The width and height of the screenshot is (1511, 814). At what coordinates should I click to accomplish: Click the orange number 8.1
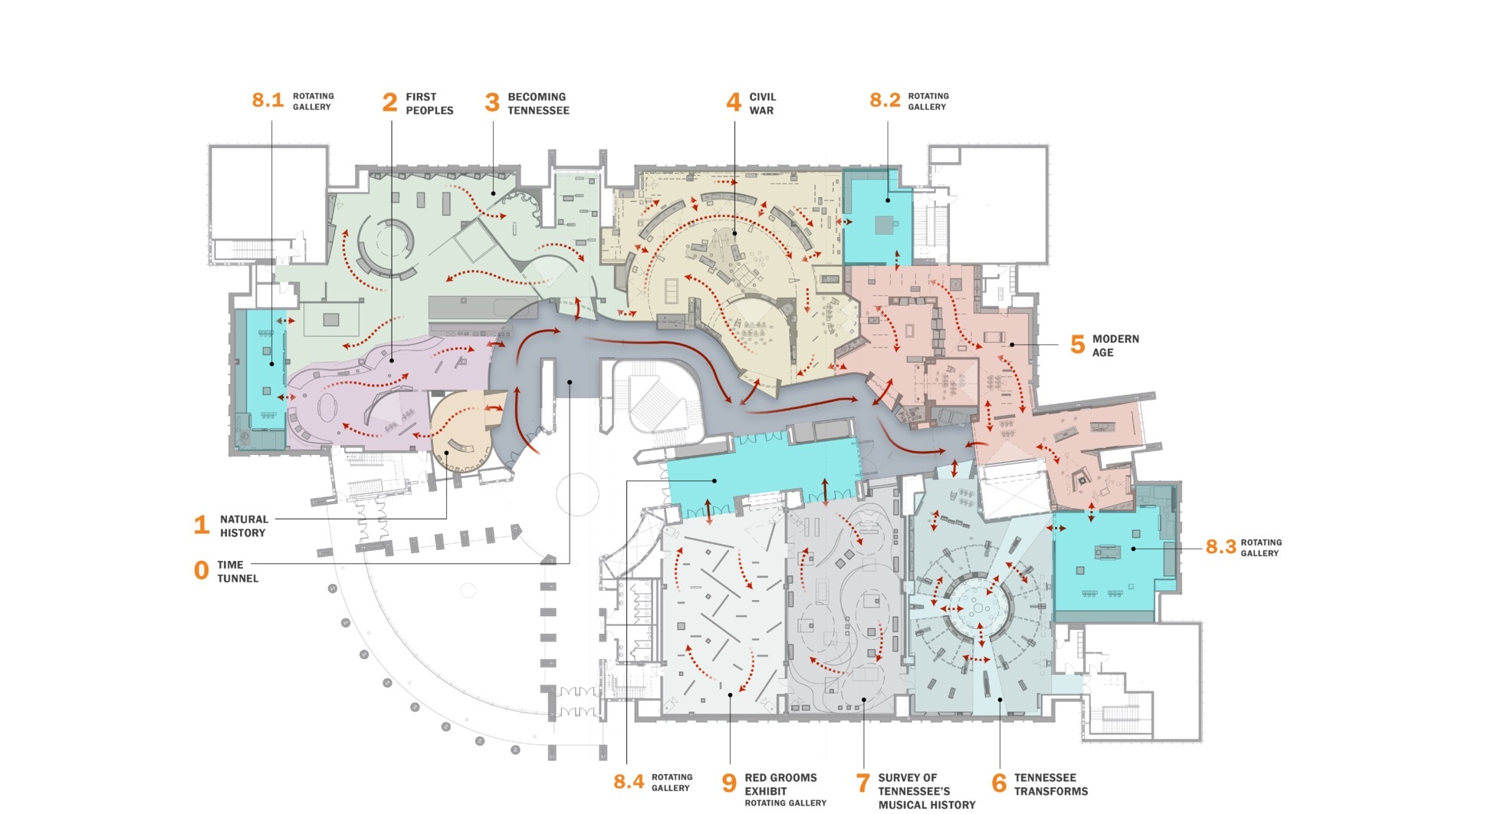(268, 101)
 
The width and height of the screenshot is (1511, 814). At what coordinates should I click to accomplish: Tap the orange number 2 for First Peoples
(389, 103)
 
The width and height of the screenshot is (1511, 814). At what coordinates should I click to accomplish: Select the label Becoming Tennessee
(538, 104)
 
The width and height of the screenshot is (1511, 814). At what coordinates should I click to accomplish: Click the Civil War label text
(762, 104)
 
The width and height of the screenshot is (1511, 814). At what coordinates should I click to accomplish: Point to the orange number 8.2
(885, 101)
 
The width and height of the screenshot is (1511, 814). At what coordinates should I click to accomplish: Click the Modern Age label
(1115, 345)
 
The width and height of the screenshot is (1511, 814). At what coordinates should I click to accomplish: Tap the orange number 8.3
(1220, 547)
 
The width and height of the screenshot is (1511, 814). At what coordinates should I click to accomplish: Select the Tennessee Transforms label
(1050, 784)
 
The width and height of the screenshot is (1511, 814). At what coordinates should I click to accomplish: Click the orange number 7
(862, 783)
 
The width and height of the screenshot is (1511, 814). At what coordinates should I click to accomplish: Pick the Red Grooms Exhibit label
(780, 784)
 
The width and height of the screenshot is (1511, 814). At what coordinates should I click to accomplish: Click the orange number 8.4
(628, 783)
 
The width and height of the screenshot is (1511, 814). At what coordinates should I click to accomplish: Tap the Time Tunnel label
(237, 572)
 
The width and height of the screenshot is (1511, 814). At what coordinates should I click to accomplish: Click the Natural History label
(243, 526)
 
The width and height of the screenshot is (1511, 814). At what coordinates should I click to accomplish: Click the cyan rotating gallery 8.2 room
(878, 219)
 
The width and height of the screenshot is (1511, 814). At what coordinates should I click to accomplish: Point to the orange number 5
(1077, 345)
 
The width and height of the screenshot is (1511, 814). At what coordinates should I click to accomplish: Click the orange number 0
(201, 571)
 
